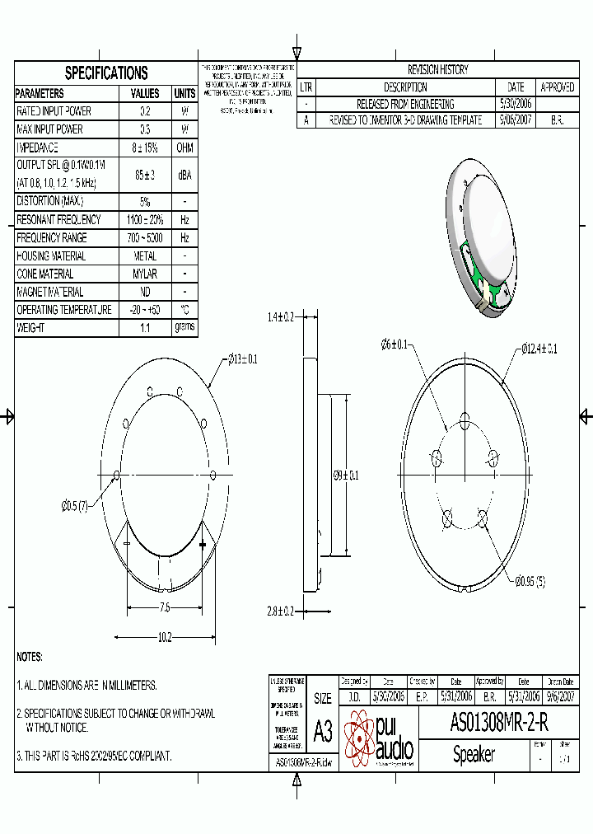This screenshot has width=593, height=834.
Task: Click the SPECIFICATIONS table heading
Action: click(x=106, y=73)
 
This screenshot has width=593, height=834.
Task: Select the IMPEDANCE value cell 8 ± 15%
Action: click(x=145, y=148)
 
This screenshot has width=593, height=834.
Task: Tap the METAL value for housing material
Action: click(x=145, y=255)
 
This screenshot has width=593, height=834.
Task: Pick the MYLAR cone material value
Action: click(x=145, y=274)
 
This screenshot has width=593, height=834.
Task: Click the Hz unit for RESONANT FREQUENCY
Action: click(x=185, y=219)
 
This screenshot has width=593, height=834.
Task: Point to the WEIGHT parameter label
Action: click(x=31, y=328)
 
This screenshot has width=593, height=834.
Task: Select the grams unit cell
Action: click(x=185, y=327)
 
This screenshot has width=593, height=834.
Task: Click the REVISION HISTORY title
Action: click(x=437, y=70)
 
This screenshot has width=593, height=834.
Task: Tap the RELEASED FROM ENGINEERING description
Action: click(x=405, y=104)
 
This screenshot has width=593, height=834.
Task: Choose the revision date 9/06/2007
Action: click(x=516, y=120)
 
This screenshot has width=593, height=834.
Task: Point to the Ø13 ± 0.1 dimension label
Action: click(x=242, y=358)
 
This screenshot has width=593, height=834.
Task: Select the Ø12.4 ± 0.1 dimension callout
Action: click(x=539, y=349)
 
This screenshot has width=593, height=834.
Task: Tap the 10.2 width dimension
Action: click(x=164, y=636)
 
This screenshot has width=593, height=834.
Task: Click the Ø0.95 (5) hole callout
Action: click(x=530, y=582)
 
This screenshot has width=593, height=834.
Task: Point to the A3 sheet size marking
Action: click(x=323, y=731)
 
